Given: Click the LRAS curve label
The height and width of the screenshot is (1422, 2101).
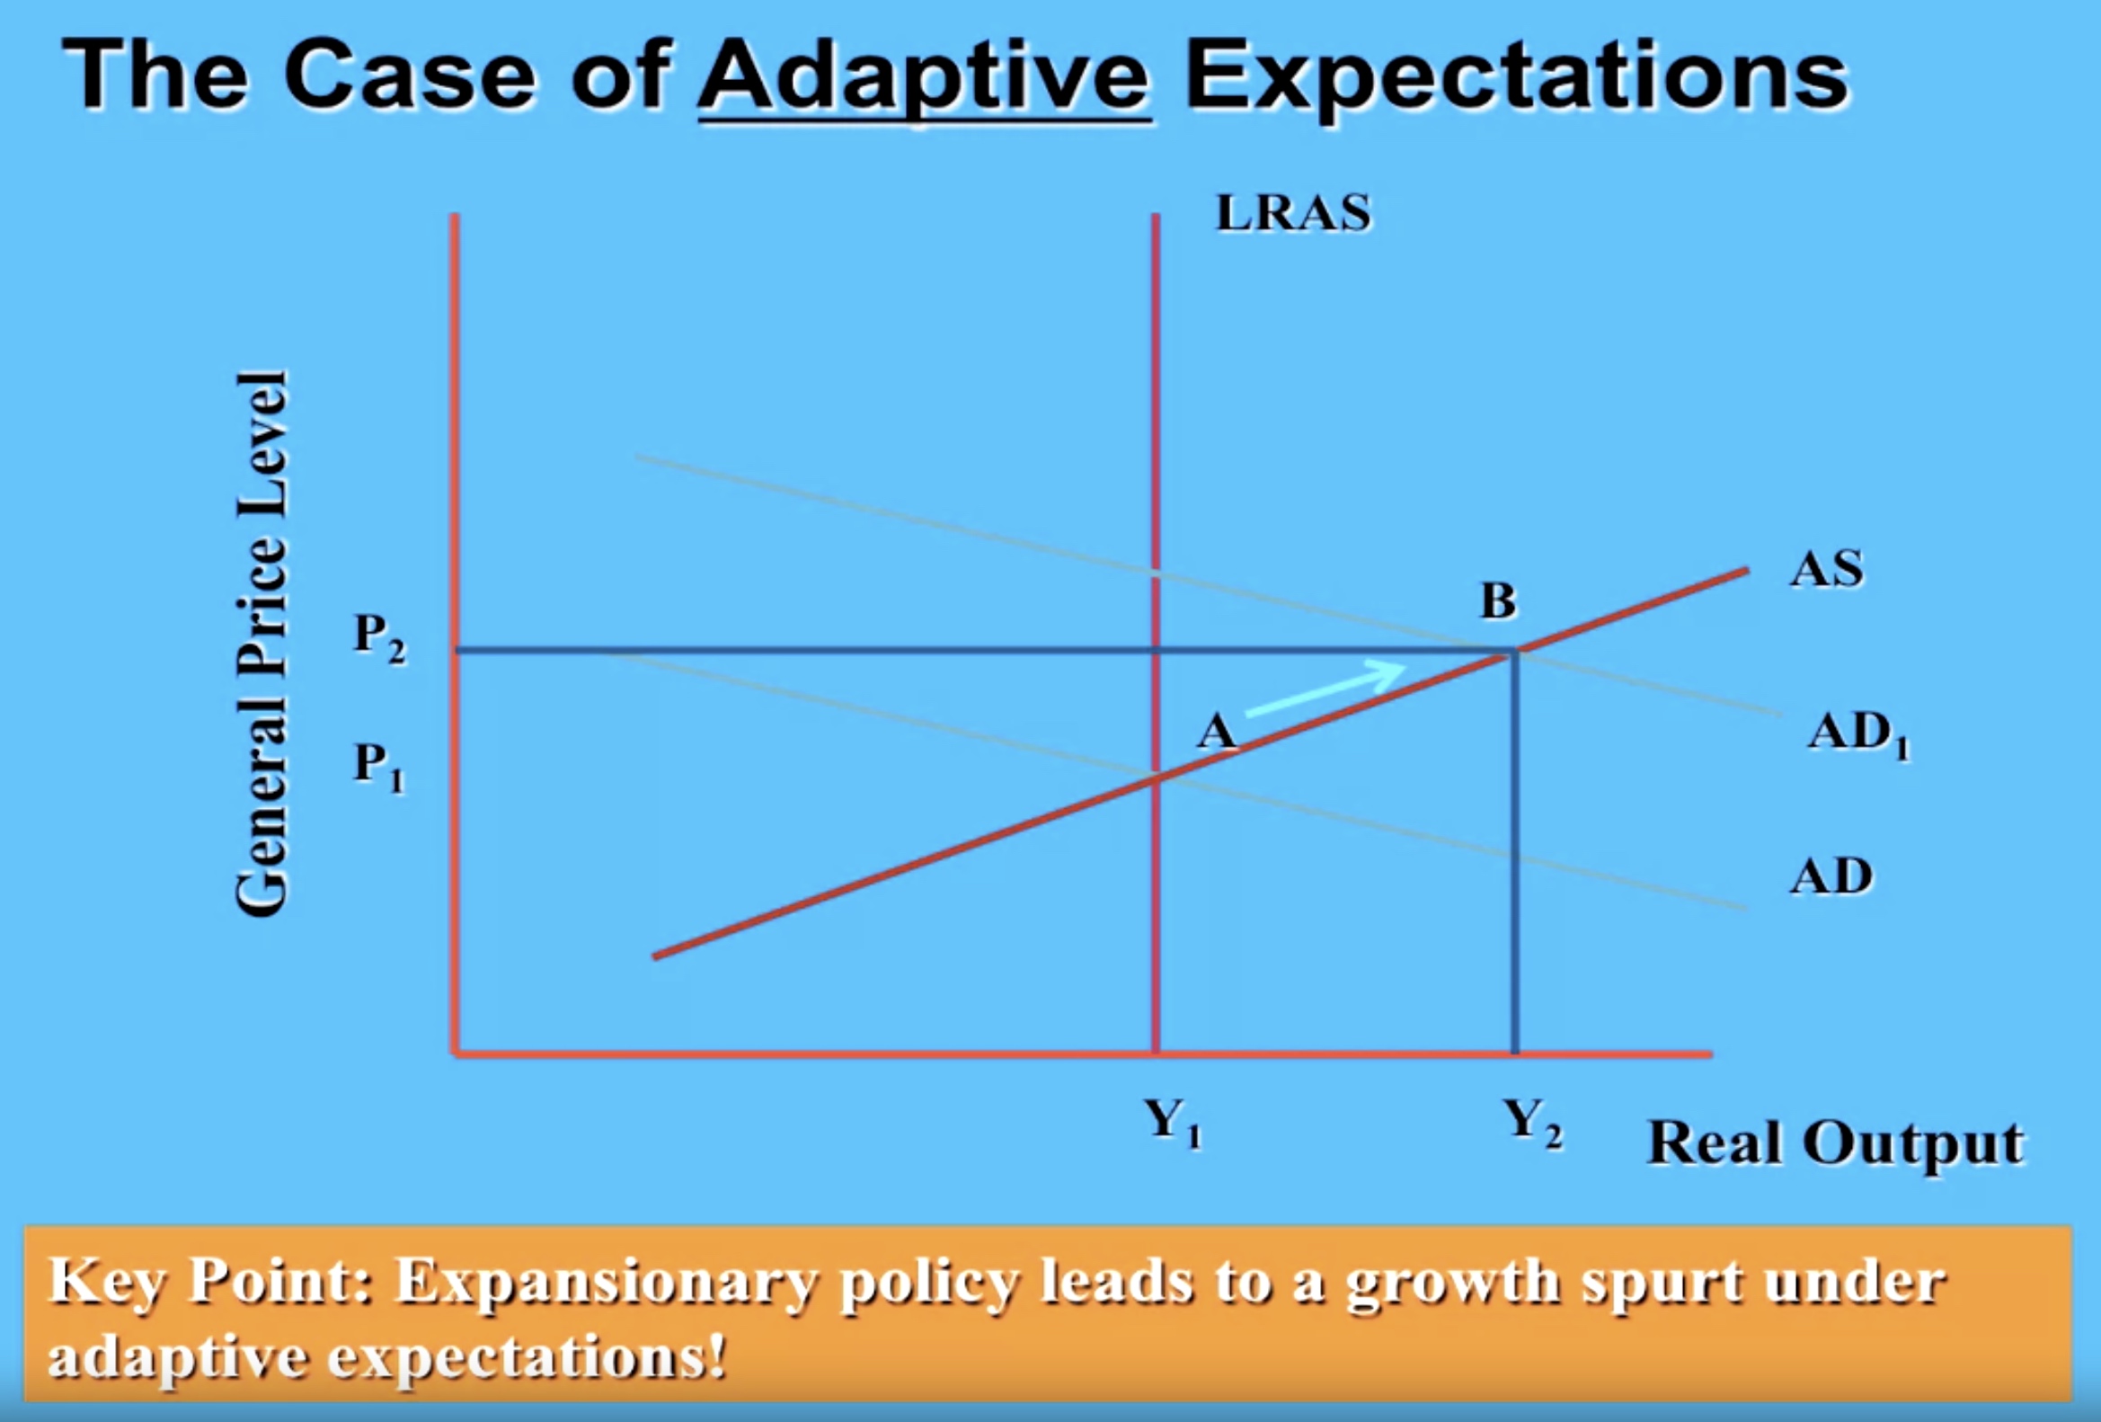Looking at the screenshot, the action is click(x=1293, y=213).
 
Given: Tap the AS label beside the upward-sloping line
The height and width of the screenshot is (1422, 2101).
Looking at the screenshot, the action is click(x=1826, y=570).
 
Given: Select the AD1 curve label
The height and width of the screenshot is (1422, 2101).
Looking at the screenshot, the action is click(x=1858, y=734).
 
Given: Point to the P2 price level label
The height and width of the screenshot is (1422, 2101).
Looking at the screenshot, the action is click(x=380, y=637).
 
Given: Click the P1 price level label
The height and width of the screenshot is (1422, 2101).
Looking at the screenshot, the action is click(x=380, y=767).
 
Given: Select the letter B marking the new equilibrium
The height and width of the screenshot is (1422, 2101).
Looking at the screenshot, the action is click(x=1498, y=600).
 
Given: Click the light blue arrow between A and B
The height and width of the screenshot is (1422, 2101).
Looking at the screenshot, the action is click(x=1325, y=689).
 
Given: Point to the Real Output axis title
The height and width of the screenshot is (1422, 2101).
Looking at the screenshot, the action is click(x=1835, y=1142).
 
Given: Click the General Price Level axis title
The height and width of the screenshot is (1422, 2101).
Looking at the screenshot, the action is click(x=262, y=643).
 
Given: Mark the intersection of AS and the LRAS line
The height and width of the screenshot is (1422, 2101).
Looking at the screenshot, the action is click(x=1156, y=778).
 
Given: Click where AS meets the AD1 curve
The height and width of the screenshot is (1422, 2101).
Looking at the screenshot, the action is click(x=1515, y=651).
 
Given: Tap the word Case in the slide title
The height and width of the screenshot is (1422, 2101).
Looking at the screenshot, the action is click(x=410, y=76).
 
